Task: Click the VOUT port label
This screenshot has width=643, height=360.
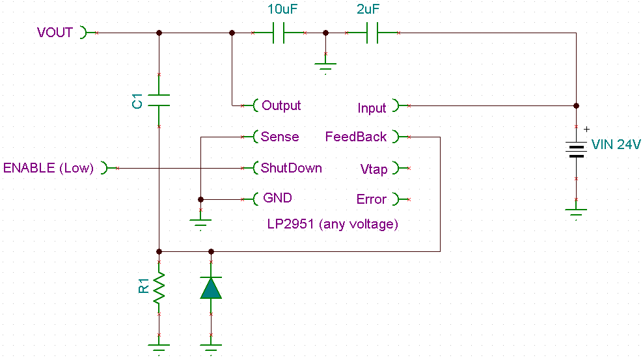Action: [x=55, y=33]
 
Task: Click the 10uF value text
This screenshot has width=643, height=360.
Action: [x=284, y=10]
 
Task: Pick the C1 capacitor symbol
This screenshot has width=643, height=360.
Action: [x=159, y=100]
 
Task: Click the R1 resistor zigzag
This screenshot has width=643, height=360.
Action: [x=159, y=288]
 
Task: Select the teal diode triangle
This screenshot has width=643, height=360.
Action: [x=211, y=288]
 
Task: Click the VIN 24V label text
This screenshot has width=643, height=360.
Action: [x=616, y=145]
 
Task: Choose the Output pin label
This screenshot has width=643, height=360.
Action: [x=280, y=105]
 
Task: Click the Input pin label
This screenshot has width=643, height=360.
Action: [x=372, y=108]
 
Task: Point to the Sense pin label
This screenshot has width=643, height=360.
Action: [x=280, y=137]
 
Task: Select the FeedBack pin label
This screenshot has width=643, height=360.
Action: [x=356, y=137]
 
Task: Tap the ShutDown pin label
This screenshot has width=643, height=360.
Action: [x=291, y=168]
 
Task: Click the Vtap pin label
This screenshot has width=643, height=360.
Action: [x=374, y=169]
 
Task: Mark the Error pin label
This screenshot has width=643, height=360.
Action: [x=372, y=199]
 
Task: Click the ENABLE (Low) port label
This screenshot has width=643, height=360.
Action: [x=49, y=168]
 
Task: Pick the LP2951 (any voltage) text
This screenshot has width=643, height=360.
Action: [x=333, y=225]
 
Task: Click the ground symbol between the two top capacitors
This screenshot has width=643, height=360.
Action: [x=325, y=64]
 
